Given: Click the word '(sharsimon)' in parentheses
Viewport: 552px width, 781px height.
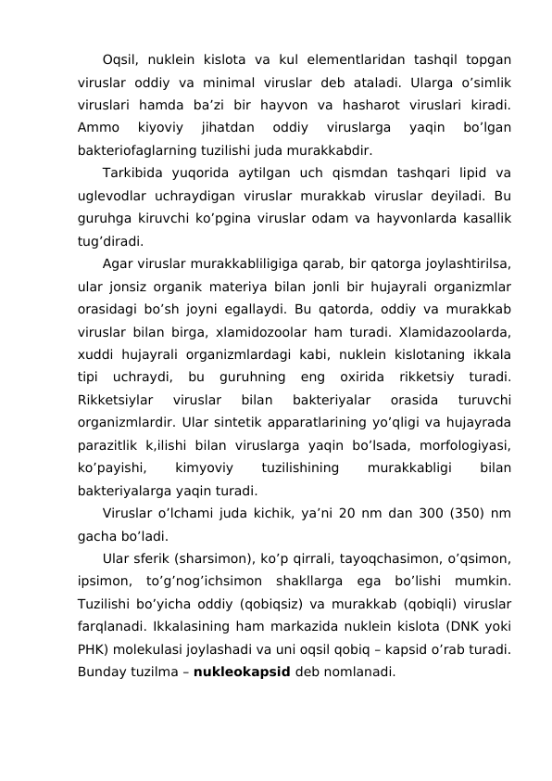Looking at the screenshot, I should coord(207,558).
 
